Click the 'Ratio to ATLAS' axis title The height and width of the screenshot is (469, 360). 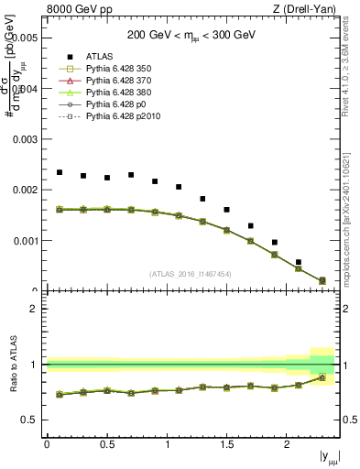[12, 365]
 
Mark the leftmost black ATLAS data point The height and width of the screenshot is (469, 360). [60, 172]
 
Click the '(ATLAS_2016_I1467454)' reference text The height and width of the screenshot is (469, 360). [190, 273]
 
